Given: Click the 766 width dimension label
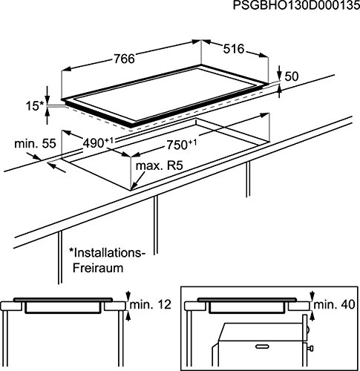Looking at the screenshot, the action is coord(124,59).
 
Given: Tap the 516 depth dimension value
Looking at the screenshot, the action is coord(234,49).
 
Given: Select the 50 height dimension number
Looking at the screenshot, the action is coord(292,76).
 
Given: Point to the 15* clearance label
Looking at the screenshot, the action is coord(35,106).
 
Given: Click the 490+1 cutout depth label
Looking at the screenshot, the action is coord(98,142).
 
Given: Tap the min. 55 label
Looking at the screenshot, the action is coord(35,144).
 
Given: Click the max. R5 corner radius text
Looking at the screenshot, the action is coord(160,165).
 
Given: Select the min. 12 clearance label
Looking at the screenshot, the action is coord(151,304).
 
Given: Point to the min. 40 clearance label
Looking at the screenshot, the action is coord(334,304).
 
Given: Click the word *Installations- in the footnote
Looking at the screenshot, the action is coord(107,253).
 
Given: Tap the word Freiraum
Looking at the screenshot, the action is coord(98,268).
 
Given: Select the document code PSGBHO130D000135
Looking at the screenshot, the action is coord(296,5).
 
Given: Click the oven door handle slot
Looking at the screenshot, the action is coord(263,346).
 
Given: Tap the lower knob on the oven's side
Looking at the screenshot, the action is coord(310,349).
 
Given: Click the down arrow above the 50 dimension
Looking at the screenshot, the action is coord(279,72).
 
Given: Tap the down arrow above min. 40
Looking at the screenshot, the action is coord(312,296).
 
